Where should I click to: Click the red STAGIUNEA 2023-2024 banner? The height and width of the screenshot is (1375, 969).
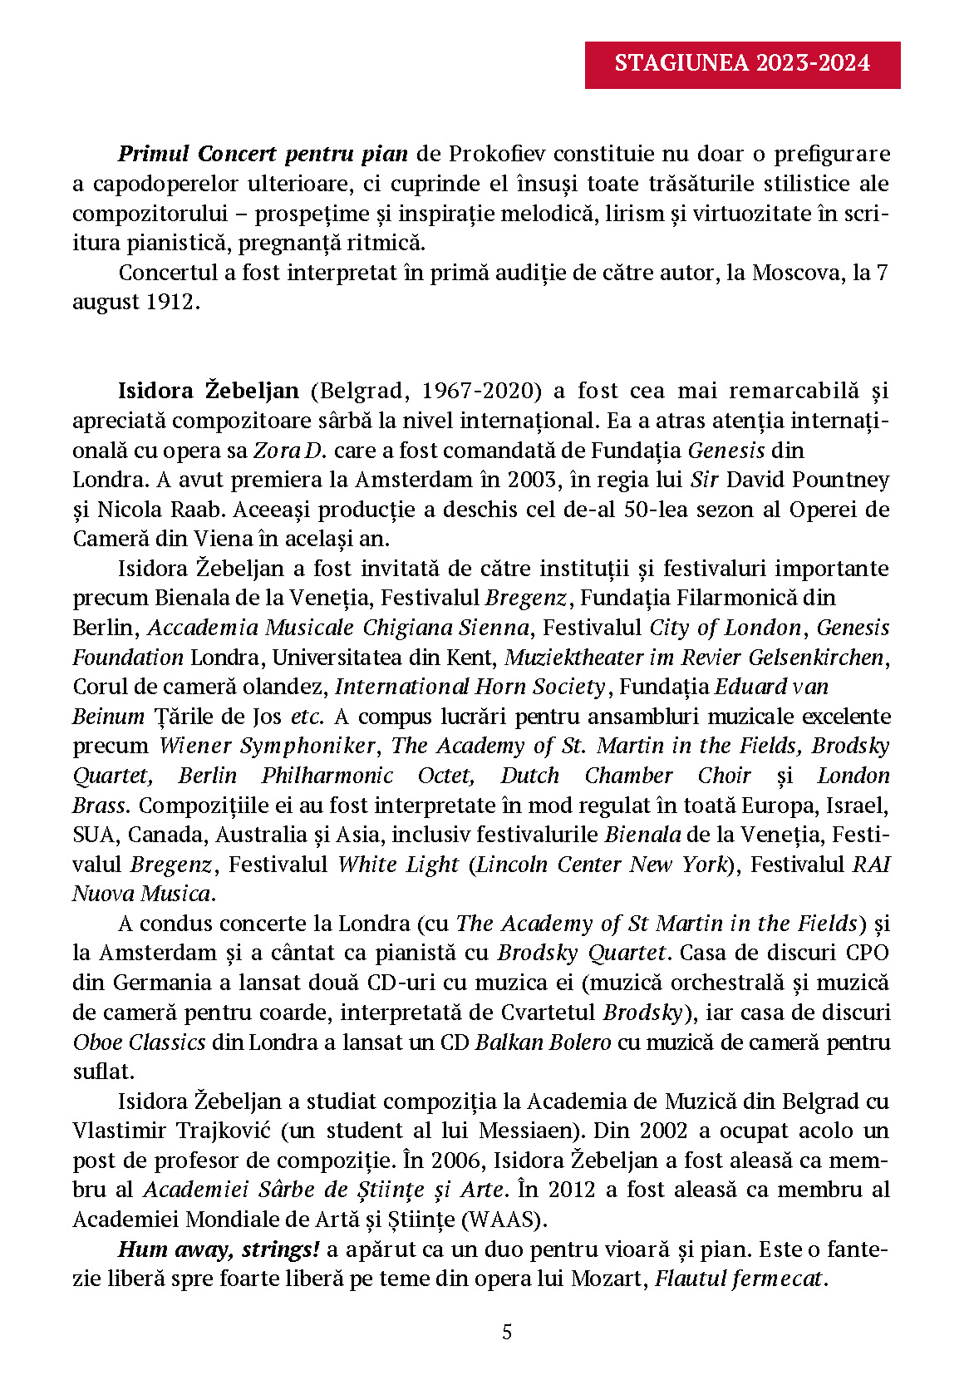pos(742,64)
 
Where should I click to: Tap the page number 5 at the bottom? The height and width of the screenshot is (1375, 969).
pos(507,1332)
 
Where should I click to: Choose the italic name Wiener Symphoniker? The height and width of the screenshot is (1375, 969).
pos(268,746)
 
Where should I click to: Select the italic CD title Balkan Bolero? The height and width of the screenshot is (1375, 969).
pos(543,1042)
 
